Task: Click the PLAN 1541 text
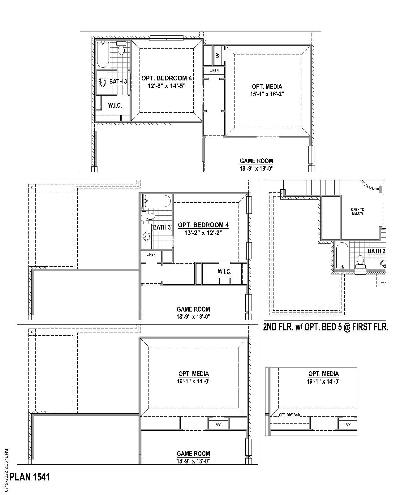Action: click(x=30, y=477)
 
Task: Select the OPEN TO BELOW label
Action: click(x=357, y=212)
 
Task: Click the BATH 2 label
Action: click(x=376, y=251)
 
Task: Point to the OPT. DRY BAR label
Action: click(x=290, y=415)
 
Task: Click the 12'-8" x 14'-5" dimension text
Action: click(x=166, y=86)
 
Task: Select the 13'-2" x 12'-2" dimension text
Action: click(x=203, y=233)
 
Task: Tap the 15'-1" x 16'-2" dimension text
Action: click(x=267, y=94)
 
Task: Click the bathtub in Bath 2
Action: click(x=342, y=256)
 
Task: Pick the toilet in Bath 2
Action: click(x=360, y=263)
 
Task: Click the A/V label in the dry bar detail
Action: click(x=348, y=424)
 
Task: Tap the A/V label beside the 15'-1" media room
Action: click(x=217, y=56)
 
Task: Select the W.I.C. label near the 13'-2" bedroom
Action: click(x=224, y=272)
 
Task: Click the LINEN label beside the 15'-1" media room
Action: click(x=214, y=71)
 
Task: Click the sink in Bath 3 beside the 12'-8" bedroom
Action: click(x=102, y=82)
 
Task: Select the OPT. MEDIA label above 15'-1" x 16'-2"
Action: click(x=267, y=87)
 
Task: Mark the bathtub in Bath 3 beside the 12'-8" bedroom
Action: click(x=103, y=55)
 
